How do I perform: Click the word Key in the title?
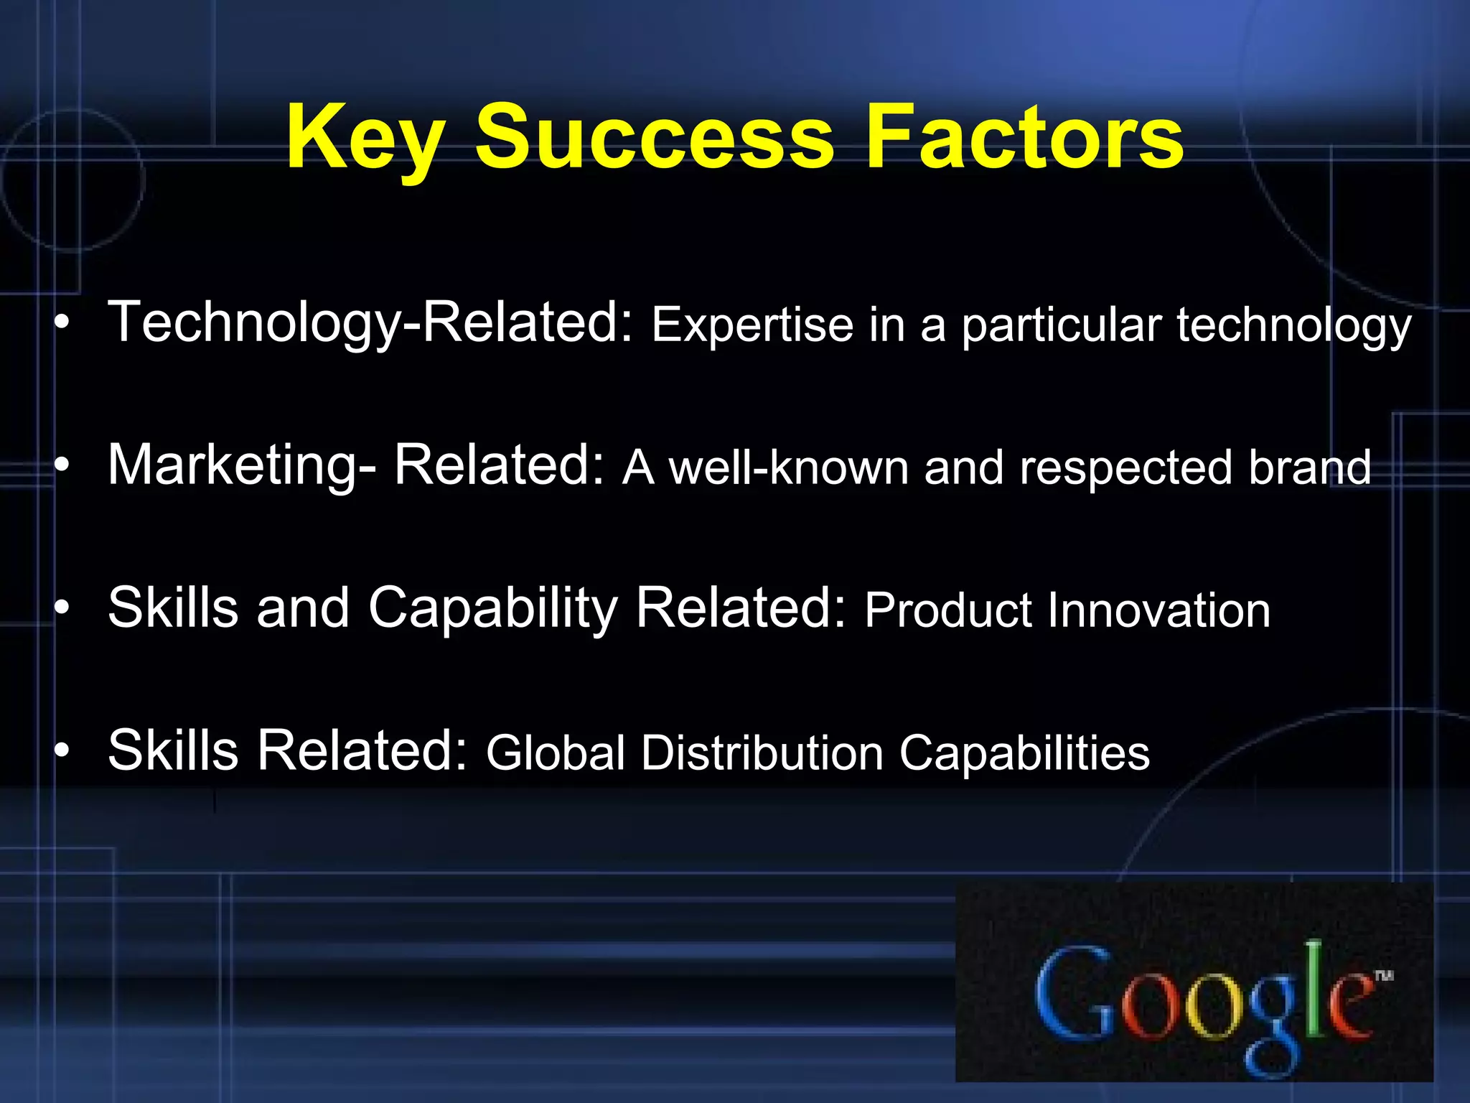click(365, 138)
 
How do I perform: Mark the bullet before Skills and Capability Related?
click(62, 608)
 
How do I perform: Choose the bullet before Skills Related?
click(62, 751)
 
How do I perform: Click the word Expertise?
click(752, 325)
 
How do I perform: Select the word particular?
click(1062, 325)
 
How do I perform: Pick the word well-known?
click(788, 467)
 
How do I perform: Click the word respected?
click(1125, 469)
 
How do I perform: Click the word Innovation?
click(1158, 610)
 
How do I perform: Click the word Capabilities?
click(1024, 754)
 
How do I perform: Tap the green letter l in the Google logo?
click(1313, 987)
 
